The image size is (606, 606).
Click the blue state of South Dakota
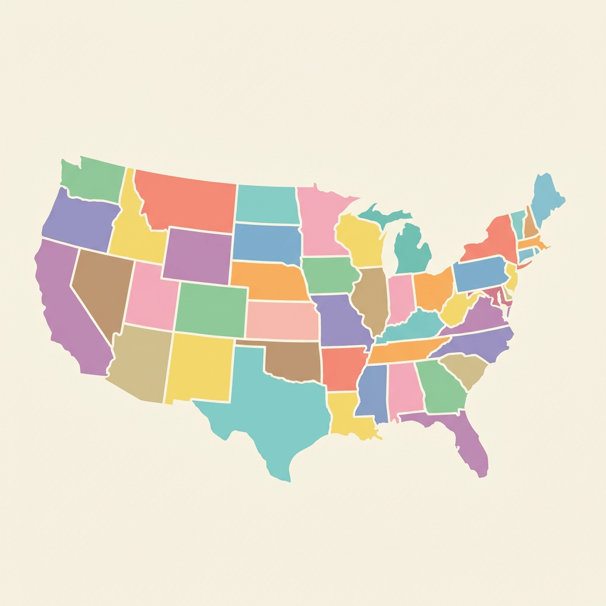tap(266, 243)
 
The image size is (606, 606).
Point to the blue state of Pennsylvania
tap(481, 274)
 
